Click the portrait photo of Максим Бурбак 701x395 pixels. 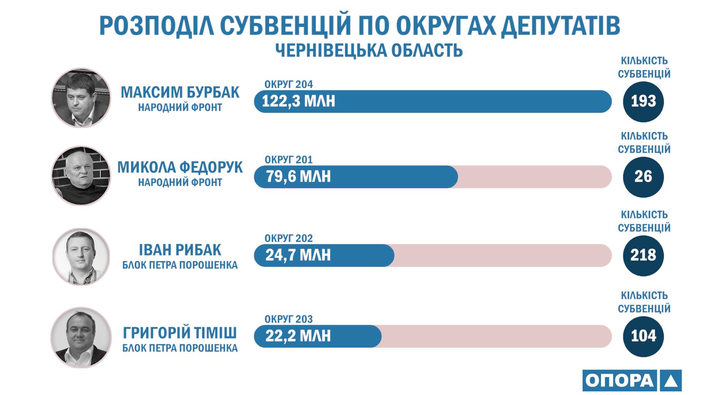[x=81, y=98]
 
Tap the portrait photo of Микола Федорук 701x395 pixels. [x=81, y=176]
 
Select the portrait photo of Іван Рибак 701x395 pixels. [x=81, y=257]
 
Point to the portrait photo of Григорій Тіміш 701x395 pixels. [x=81, y=337]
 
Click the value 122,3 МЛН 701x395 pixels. [x=298, y=101]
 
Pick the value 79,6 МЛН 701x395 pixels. [x=298, y=177]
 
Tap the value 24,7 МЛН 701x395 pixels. [x=298, y=255]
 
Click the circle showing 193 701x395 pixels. [x=643, y=101]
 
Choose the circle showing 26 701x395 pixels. [x=643, y=177]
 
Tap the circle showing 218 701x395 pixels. [x=643, y=255]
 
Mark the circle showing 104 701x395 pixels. [x=643, y=336]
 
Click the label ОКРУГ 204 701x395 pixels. [x=289, y=84]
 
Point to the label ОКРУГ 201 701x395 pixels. [x=289, y=160]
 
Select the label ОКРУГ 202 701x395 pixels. [x=289, y=238]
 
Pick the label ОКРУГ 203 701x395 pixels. [x=289, y=319]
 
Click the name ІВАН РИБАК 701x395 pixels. [x=180, y=250]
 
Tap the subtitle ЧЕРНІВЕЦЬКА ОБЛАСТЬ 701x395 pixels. [x=369, y=50]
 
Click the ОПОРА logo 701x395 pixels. [x=632, y=380]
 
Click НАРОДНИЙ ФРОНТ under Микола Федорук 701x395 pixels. [x=180, y=182]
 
